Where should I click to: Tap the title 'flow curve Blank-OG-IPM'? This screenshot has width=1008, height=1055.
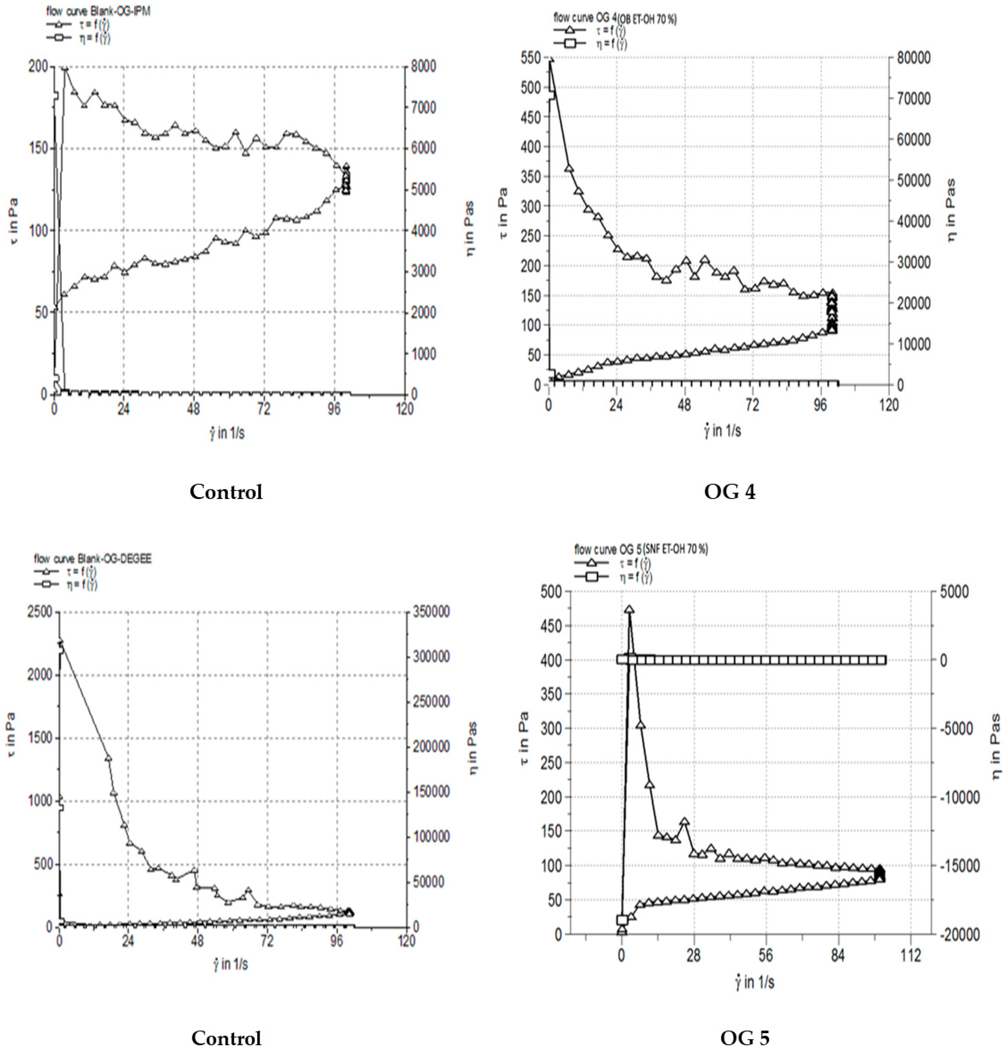tap(98, 11)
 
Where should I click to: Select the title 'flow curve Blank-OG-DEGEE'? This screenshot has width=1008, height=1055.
tap(92, 559)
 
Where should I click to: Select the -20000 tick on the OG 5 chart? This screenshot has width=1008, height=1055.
tap(960, 935)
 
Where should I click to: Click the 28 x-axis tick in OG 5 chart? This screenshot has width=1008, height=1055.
tap(694, 956)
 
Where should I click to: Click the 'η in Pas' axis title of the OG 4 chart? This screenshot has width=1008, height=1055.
tap(951, 210)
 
